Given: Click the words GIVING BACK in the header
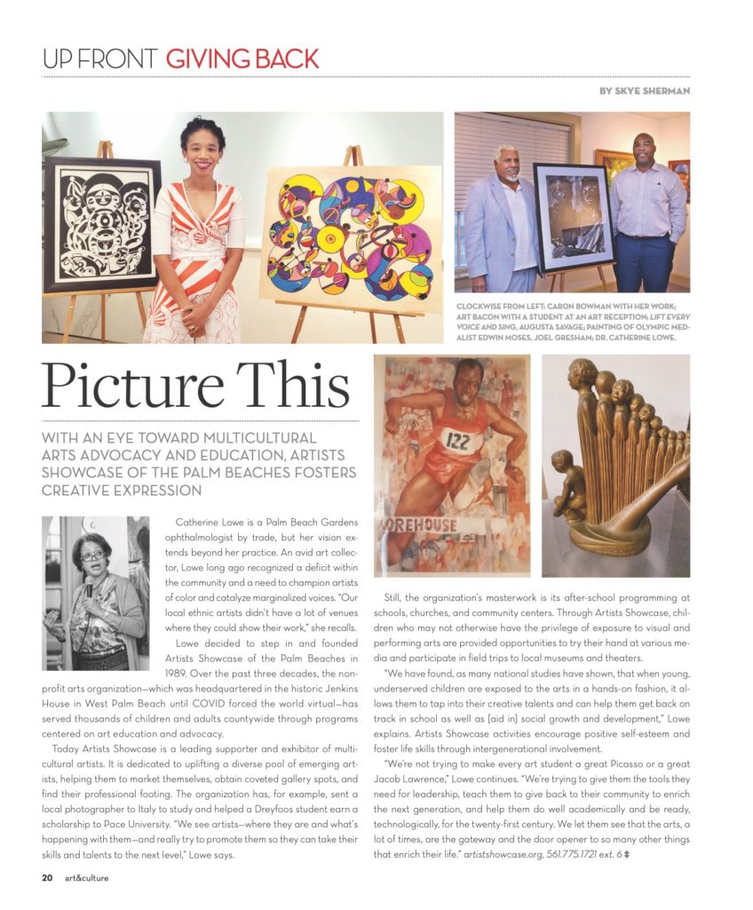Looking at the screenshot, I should tap(242, 60).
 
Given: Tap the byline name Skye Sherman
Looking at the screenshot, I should tap(658, 92).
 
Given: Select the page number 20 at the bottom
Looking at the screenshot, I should tap(47, 878).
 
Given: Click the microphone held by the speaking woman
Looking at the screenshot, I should tap(89, 589).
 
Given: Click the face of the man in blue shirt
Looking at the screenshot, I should tap(644, 149).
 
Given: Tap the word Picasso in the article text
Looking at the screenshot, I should tap(606, 762).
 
